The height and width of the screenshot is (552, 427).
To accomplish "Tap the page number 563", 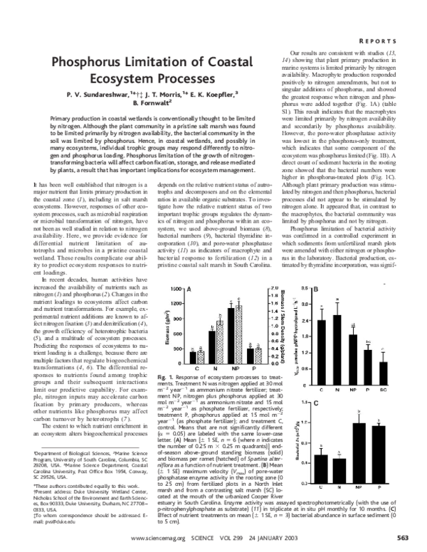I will pos(401,538).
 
